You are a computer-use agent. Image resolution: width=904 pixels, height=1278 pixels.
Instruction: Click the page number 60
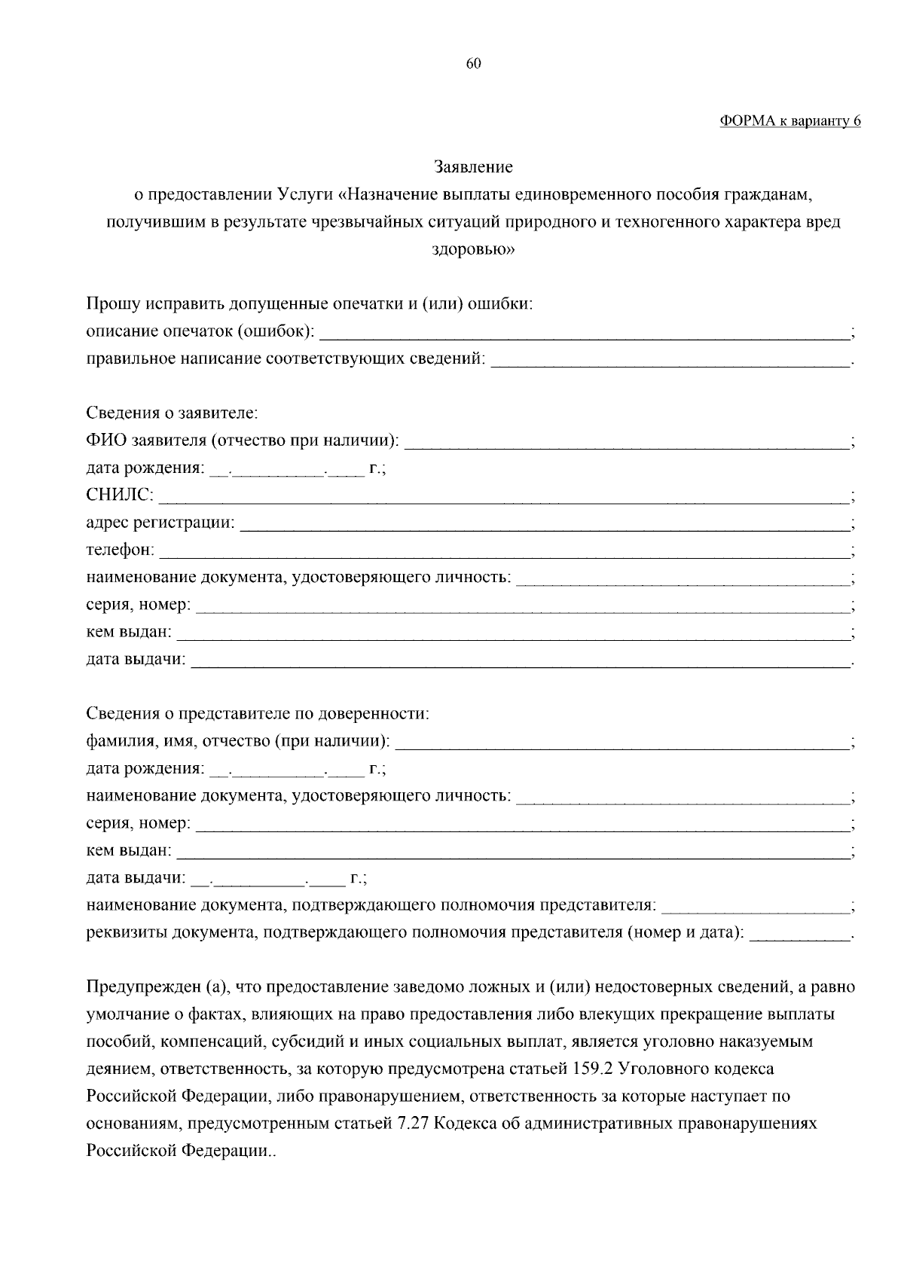(473, 64)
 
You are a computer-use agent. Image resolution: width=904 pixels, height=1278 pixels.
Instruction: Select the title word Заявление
(473, 166)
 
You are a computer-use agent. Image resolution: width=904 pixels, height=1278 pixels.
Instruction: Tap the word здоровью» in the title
(473, 250)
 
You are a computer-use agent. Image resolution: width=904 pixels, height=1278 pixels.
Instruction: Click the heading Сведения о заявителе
(173, 413)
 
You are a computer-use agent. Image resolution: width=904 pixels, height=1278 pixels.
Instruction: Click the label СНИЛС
(120, 496)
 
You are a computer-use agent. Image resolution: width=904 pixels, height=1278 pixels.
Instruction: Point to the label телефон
(120, 551)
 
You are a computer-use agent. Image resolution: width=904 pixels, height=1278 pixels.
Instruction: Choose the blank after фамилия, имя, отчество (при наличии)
(622, 743)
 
